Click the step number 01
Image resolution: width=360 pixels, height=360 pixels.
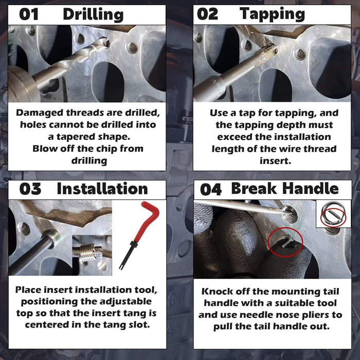pos(29,14)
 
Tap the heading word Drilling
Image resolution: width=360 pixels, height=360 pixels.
pos(93,15)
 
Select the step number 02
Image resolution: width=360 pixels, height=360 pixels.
pos(207,14)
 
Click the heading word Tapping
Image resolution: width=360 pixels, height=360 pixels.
pos(272,14)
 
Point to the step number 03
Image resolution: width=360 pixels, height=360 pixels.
pos(30,189)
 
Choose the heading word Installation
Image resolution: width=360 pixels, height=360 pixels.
pos(102,189)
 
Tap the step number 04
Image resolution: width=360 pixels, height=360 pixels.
pos(211,190)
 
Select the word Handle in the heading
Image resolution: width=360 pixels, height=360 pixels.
pos(311,189)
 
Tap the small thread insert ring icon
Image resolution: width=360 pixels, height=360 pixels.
pos(333,214)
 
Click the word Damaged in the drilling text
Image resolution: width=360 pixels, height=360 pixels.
pos(40,113)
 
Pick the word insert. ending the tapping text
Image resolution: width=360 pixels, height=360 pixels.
pos(275,160)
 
